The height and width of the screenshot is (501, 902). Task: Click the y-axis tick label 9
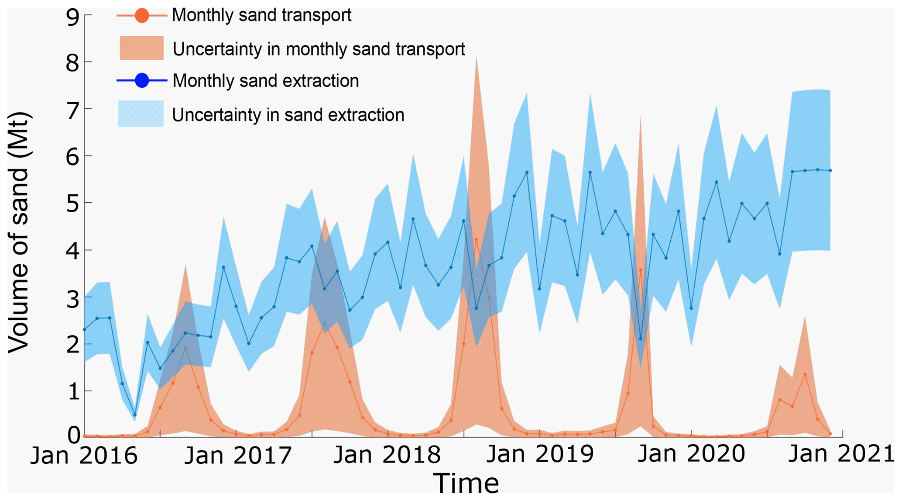click(73, 18)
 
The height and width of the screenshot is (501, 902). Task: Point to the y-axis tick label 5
click(73, 204)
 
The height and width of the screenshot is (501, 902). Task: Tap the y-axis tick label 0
click(73, 435)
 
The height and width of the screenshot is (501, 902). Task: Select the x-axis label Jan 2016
click(84, 456)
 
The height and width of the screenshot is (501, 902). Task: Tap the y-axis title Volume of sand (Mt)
click(18, 233)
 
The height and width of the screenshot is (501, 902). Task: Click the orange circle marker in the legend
click(142, 16)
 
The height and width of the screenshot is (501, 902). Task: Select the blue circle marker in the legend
click(142, 81)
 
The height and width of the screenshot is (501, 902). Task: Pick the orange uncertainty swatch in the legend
click(141, 48)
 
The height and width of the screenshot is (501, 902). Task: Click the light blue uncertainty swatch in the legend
click(141, 114)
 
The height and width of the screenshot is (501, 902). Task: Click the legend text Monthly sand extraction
click(265, 81)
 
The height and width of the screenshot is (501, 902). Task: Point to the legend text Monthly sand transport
click(261, 15)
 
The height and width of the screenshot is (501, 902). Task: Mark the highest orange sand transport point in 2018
click(476, 240)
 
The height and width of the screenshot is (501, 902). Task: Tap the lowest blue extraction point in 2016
click(135, 415)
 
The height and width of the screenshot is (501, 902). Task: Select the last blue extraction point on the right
click(830, 171)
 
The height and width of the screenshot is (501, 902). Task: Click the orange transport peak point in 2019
click(640, 270)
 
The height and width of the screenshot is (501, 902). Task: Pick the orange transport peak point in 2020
click(805, 374)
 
